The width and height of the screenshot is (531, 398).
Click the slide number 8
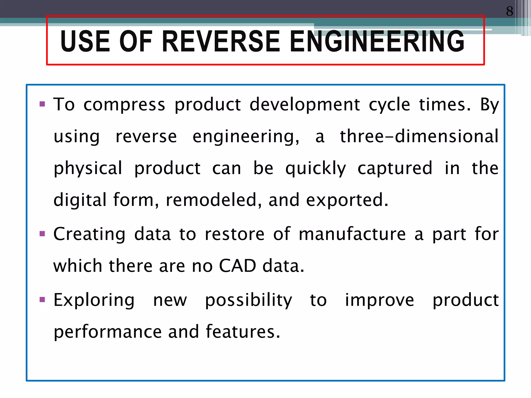(509, 11)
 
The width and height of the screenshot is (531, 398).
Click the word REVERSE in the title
(221, 41)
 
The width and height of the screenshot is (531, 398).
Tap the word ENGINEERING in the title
(377, 41)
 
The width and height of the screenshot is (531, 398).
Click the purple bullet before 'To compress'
(42, 104)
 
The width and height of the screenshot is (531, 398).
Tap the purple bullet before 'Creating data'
(42, 234)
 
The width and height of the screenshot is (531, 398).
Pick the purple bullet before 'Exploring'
(42, 300)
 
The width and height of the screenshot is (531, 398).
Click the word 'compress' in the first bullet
(124, 105)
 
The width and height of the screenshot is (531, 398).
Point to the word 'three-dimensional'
(419, 136)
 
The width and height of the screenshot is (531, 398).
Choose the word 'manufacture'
(352, 234)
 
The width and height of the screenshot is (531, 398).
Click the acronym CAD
(237, 266)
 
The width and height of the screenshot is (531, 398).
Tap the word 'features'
(243, 332)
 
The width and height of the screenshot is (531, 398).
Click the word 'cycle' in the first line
(389, 105)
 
